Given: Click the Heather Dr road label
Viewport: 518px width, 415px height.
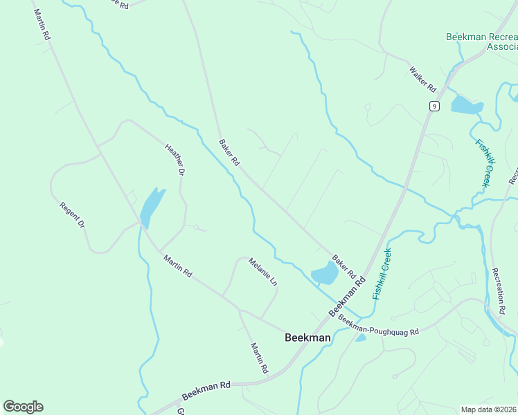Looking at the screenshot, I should pos(175,158).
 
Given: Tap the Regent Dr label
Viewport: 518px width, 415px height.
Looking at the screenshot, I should pos(72,215).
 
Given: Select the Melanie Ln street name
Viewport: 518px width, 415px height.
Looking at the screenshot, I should pos(262,273).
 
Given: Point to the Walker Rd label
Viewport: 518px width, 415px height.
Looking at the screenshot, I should pos(422,79).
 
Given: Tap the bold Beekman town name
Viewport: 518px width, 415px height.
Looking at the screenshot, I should pos(307,338).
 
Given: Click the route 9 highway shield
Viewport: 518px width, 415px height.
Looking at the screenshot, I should pos(434,106).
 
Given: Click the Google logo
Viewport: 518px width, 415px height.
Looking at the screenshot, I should pos(23,406).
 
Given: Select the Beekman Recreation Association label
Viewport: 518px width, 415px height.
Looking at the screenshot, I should pos(481,41).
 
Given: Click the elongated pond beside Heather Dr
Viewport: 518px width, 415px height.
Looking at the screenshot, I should pos(152,207).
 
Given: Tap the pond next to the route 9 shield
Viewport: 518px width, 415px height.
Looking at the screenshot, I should pos(465,105).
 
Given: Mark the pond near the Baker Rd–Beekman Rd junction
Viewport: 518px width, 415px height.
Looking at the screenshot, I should pos(325,275).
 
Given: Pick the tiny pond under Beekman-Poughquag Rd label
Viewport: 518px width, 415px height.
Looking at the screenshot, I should pos(360,338).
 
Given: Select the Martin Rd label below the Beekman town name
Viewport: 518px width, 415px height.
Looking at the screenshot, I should pos(259,358).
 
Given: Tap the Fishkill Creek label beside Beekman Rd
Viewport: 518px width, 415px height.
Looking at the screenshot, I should pos(382,273).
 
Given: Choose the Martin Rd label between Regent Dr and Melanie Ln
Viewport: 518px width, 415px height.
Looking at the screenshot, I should pos(177,266).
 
